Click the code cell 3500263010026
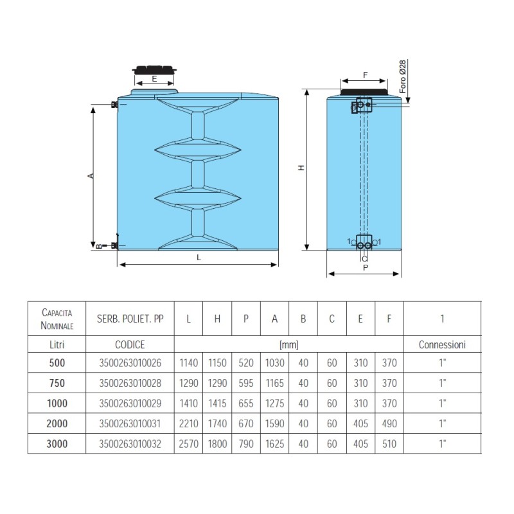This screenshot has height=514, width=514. click(130, 363)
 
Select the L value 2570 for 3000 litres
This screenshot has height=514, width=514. click(188, 444)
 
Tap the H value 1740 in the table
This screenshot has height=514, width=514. click(217, 423)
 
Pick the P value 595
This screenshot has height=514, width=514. click(246, 383)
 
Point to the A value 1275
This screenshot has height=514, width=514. click(275, 403)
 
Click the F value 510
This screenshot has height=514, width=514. click(389, 444)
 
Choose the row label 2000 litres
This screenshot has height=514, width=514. click(57, 423)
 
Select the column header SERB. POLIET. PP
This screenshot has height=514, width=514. click(130, 319)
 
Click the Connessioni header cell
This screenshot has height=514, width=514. click(442, 344)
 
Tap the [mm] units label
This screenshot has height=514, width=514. click(288, 345)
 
